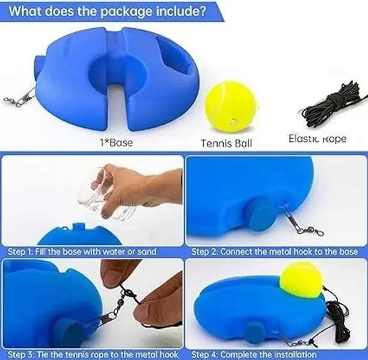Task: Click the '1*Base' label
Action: (x=117, y=142)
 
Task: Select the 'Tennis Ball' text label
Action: (x=227, y=143)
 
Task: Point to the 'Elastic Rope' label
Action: (x=317, y=138)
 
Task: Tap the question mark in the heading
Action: (x=202, y=11)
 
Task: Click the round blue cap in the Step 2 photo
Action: (x=262, y=215)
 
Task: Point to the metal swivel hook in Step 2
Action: (x=301, y=221)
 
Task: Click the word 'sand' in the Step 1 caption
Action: (x=147, y=252)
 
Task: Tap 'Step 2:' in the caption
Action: (x=204, y=252)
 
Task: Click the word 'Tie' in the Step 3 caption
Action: (x=43, y=354)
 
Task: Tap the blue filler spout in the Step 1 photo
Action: (x=79, y=227)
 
